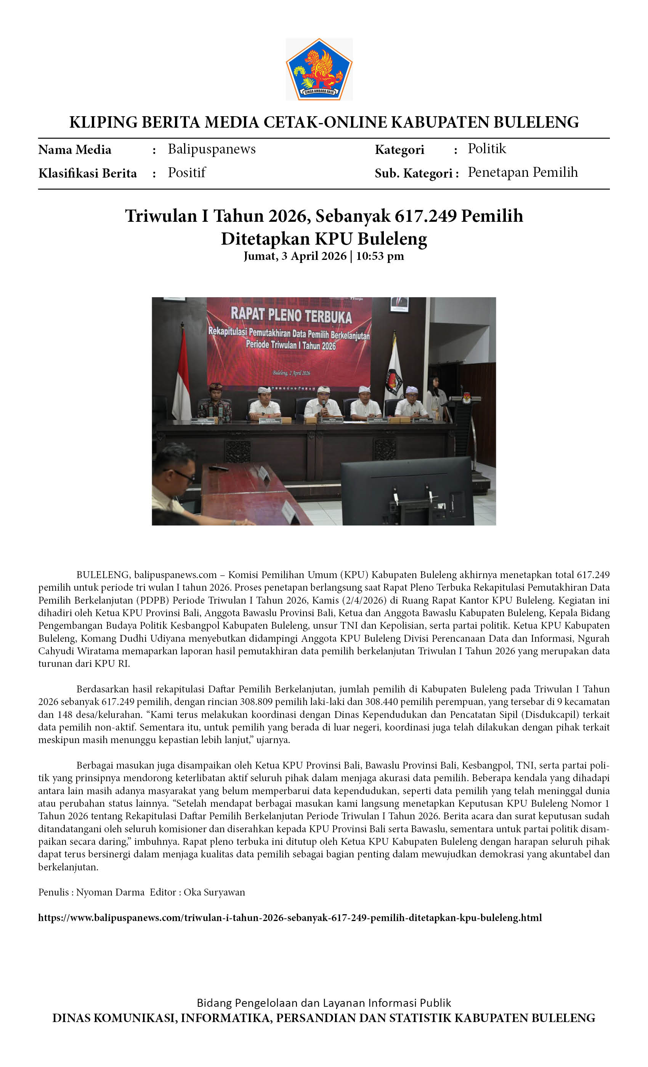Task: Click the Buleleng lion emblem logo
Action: coord(319,69)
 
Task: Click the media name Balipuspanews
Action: coord(212,149)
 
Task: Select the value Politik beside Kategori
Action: coord(486,149)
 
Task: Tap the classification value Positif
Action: coord(186,172)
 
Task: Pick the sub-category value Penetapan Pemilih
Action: coord(522,172)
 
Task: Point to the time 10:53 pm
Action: coord(380,256)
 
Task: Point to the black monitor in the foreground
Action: coord(407,492)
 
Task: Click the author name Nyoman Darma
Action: coord(110,892)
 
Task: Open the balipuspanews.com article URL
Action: coord(290,918)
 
